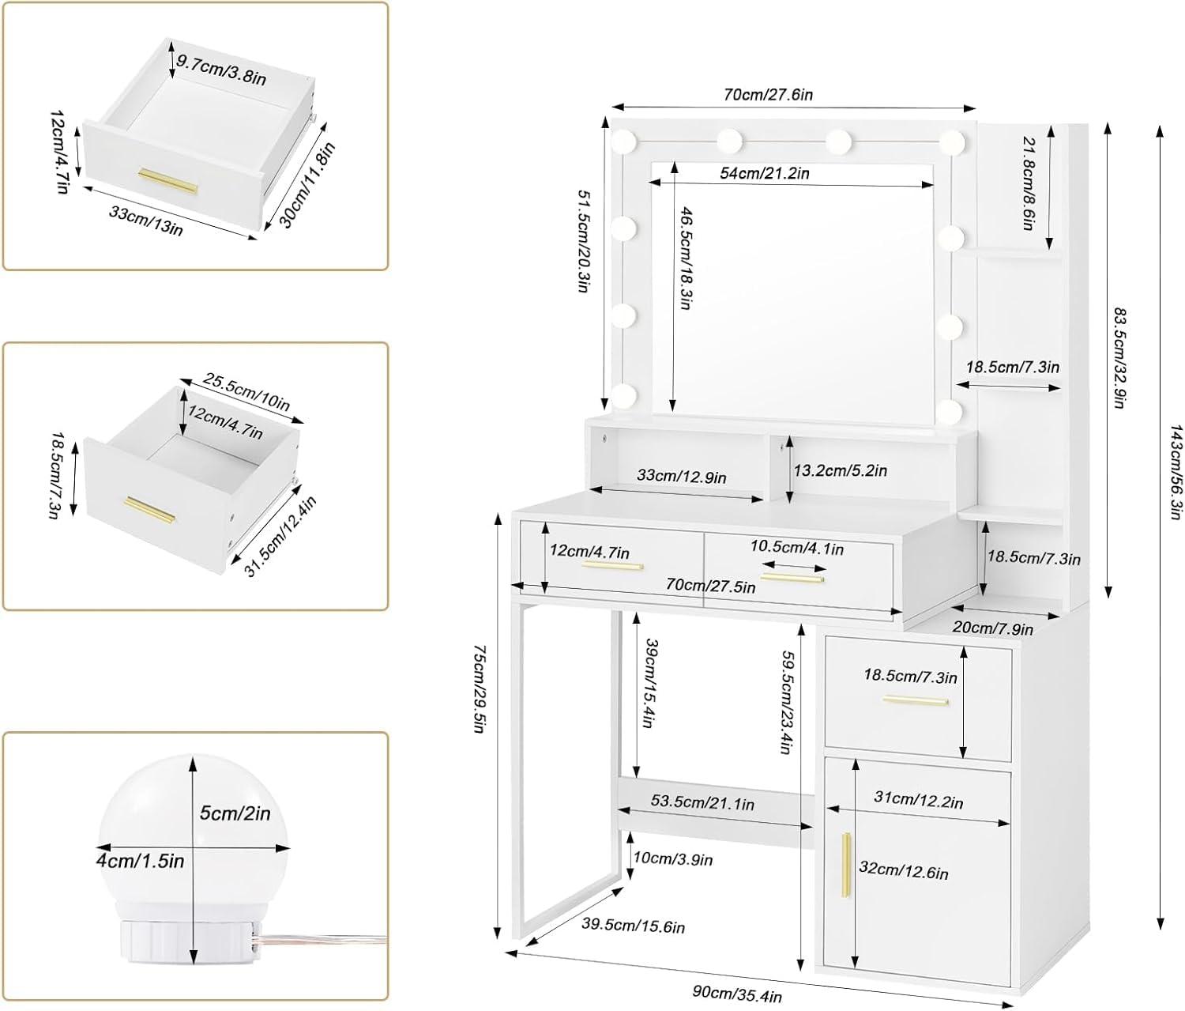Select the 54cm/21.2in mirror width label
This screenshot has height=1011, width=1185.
tap(764, 172)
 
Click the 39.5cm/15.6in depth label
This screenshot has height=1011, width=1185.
tap(634, 925)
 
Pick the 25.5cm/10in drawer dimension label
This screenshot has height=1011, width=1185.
tap(246, 391)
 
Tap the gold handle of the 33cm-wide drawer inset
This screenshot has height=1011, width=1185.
tap(168, 179)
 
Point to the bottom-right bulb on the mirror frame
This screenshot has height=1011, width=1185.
tap(953, 411)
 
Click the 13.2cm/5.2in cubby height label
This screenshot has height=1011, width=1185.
tap(840, 471)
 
